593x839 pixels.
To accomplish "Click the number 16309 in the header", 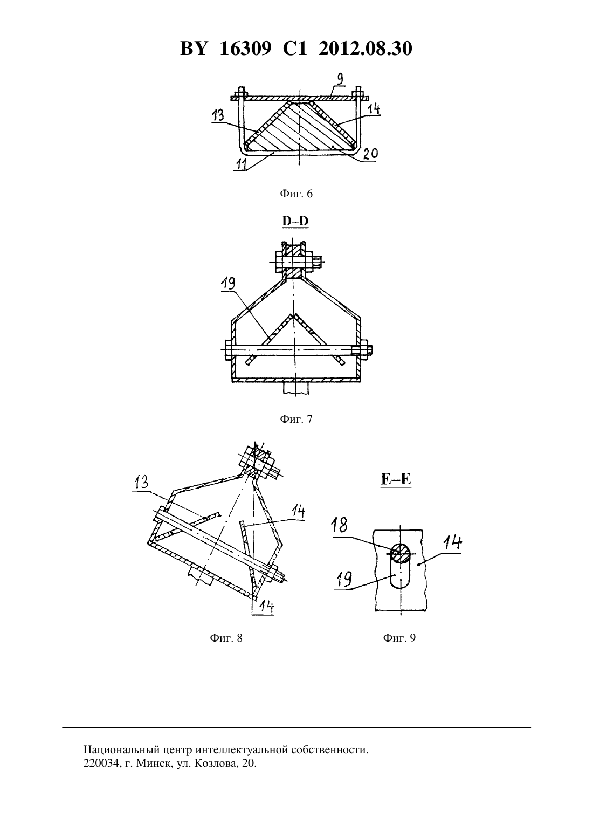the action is pos(245,49).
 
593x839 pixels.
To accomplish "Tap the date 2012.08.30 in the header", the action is pos(366,49).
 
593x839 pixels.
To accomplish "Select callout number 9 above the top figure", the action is pos(340,80).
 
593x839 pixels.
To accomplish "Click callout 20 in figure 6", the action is pos(370,154).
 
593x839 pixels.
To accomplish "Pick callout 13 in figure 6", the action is pos(218,115).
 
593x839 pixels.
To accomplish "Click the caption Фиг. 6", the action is pos(296,194).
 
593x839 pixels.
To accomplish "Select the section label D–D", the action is pos(295,221).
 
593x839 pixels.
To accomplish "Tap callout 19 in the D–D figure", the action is pos(228,284).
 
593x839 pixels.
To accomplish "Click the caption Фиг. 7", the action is pos(296,419).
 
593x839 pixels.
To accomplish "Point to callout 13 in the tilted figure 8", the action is pos(141,483).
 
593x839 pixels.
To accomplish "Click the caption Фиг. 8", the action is pos(226,638).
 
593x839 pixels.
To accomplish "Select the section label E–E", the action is pos(396,479).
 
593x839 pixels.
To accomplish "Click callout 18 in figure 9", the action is pos(339,525).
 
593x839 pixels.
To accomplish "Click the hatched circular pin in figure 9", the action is pos(401,553).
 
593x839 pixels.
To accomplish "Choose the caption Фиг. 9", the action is pos(399,638).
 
